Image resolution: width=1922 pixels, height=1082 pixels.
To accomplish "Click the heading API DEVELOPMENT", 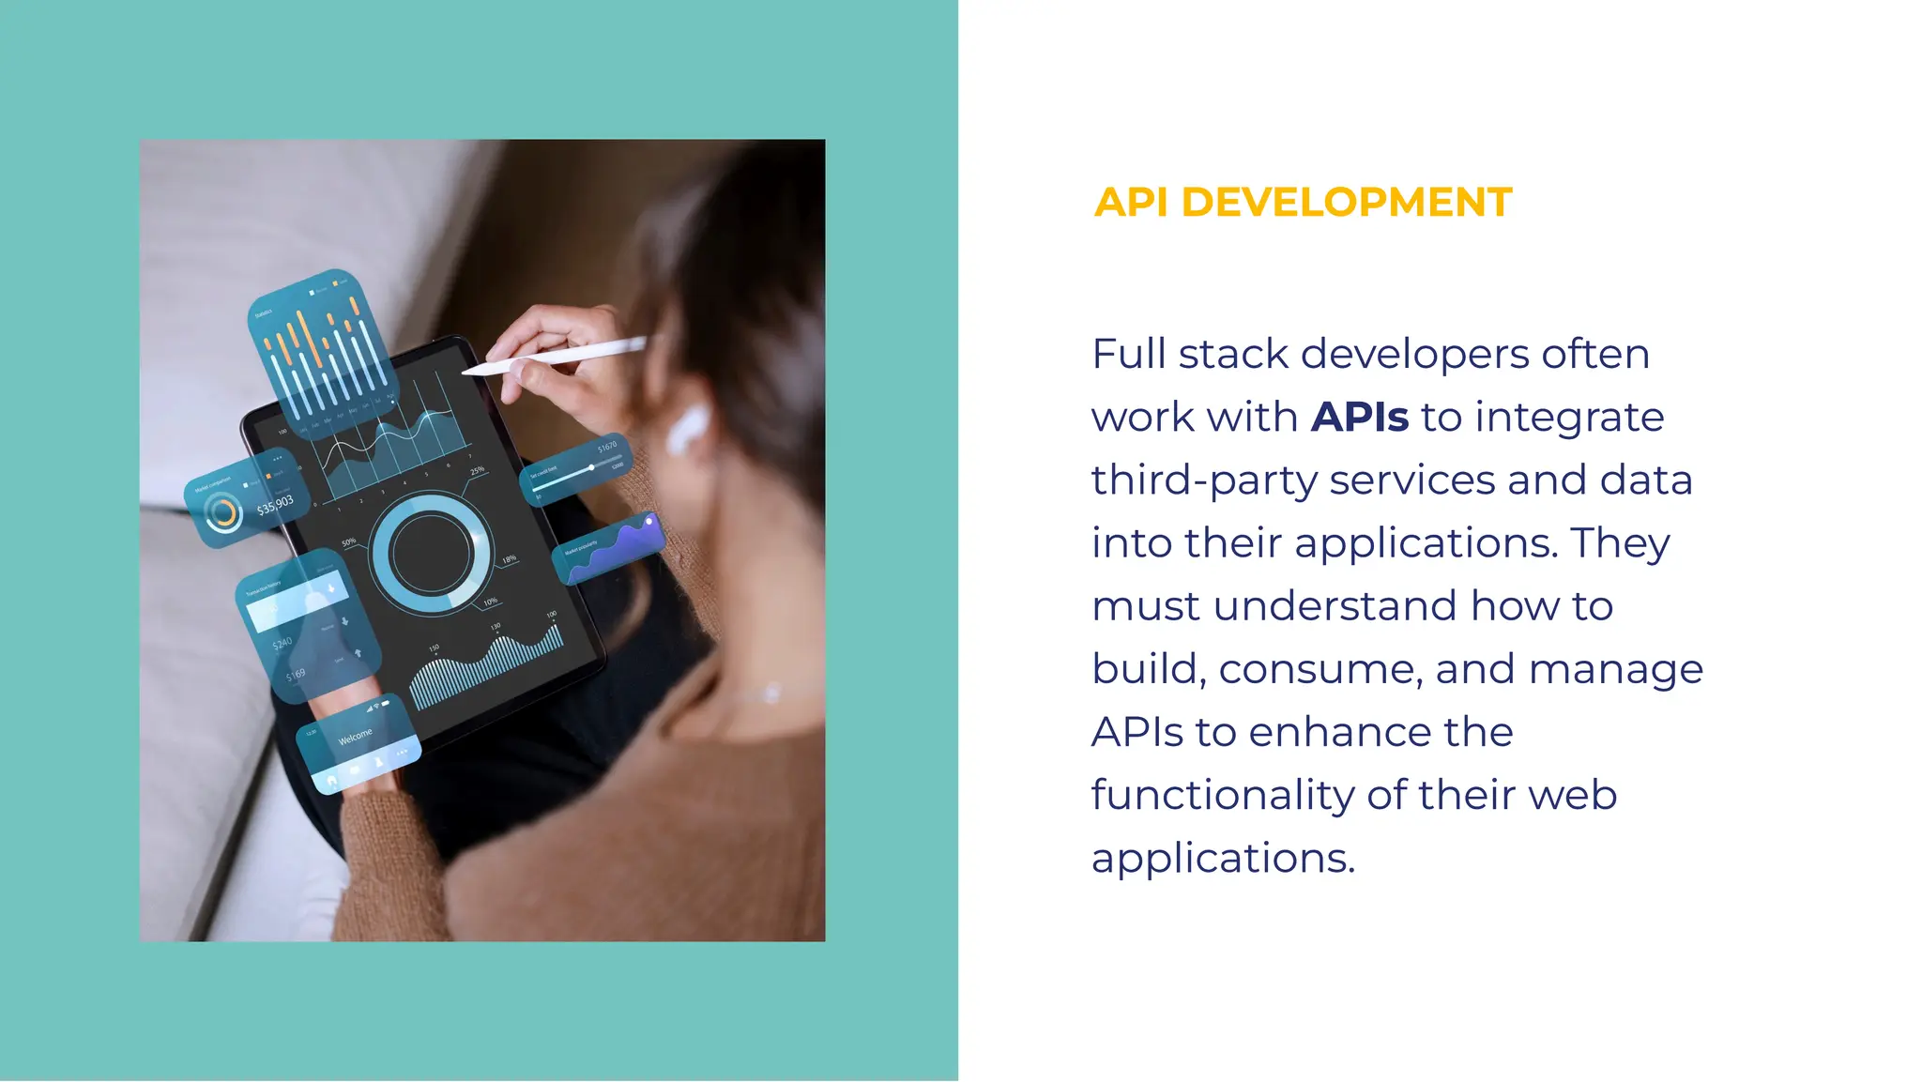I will tap(1303, 203).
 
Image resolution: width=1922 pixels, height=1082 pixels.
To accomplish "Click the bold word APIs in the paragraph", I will tap(1360, 417).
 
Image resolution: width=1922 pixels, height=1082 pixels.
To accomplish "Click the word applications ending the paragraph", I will tap(1222, 858).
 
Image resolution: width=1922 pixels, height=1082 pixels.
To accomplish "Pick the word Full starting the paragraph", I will tap(1129, 354).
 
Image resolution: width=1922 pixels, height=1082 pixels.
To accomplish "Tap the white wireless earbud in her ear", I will tap(688, 427).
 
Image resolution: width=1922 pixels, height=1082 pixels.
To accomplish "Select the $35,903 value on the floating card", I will tap(275, 506).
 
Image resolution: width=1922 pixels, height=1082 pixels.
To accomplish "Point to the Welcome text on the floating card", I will tap(355, 737).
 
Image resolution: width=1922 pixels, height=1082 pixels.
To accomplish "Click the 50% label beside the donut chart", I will tap(348, 542).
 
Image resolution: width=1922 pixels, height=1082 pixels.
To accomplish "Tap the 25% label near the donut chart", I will tap(477, 470).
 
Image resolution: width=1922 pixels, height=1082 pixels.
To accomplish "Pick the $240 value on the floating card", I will tap(282, 644).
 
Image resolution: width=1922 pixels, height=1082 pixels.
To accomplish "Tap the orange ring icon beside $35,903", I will tap(223, 513).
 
